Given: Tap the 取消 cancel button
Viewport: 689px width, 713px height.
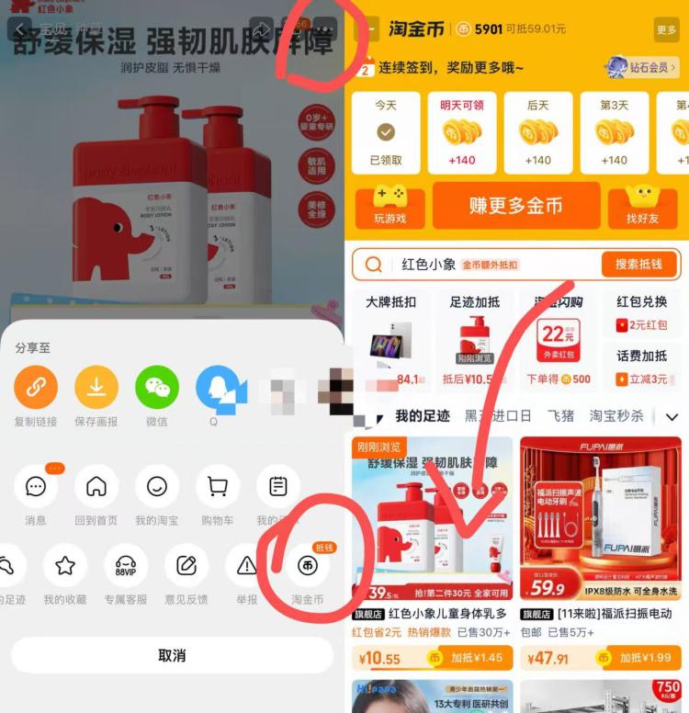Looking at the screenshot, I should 172,655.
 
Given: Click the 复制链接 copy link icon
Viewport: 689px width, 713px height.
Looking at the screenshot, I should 36,387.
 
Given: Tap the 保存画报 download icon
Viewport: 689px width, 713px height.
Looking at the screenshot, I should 96,387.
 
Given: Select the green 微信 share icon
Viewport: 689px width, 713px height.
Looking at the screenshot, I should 157,387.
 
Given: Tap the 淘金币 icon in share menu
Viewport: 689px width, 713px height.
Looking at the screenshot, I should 307,566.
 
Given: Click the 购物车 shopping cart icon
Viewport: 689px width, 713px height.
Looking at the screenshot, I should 218,487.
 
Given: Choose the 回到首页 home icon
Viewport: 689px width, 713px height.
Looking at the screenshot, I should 96,487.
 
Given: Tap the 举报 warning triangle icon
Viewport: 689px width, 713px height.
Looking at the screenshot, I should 246,566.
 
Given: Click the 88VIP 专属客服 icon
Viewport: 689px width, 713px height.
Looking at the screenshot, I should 126,566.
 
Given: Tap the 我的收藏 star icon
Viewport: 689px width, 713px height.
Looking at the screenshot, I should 65,566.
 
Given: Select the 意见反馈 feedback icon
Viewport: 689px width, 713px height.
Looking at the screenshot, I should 186,566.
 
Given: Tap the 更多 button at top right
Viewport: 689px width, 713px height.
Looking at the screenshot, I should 666,29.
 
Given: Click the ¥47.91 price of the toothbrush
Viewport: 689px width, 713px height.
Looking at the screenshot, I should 550,658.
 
